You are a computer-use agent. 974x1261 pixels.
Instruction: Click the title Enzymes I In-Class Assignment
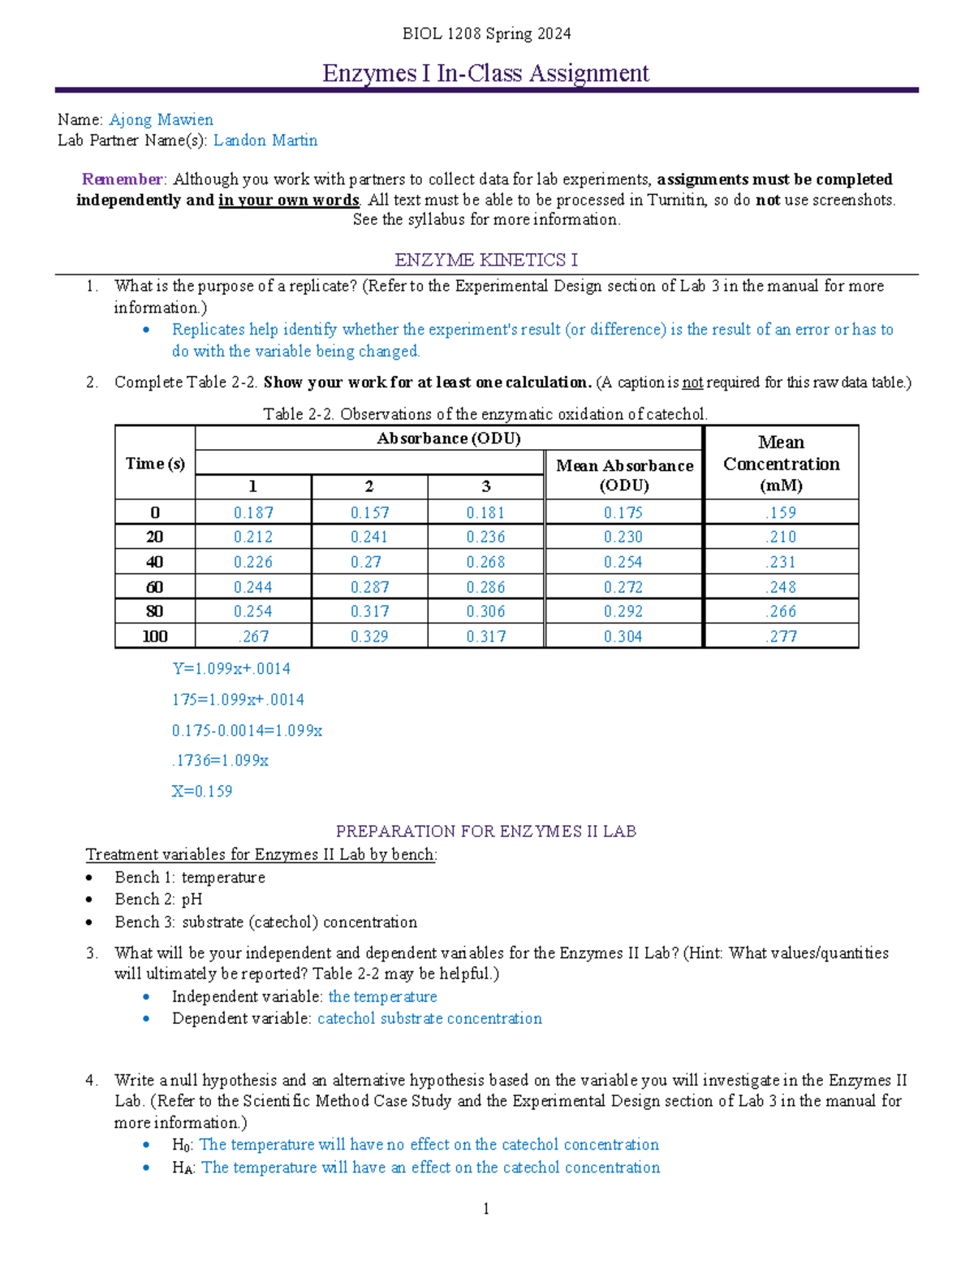(x=485, y=73)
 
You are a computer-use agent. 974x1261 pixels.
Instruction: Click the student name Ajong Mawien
(x=161, y=120)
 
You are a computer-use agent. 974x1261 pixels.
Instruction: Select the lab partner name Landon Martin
(x=265, y=140)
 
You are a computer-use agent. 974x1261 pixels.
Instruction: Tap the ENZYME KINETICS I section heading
(x=486, y=260)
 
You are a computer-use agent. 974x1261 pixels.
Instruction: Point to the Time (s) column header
(x=155, y=464)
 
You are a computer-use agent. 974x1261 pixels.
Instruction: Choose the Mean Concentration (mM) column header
(x=781, y=464)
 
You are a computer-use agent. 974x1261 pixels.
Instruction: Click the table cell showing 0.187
(x=253, y=512)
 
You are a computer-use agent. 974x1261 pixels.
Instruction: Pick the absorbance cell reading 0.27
(x=369, y=562)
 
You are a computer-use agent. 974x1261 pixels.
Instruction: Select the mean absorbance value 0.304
(x=623, y=637)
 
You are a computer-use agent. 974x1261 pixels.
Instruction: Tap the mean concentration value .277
(x=781, y=637)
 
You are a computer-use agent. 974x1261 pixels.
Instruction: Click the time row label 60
(x=155, y=587)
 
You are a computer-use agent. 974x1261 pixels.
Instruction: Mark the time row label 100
(x=155, y=637)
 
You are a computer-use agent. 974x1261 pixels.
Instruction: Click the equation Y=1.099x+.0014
(x=231, y=669)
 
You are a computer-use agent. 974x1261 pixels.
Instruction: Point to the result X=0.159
(x=202, y=791)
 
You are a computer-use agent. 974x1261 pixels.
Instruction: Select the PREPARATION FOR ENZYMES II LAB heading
(x=486, y=831)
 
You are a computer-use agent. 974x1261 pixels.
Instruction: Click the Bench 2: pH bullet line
(x=158, y=900)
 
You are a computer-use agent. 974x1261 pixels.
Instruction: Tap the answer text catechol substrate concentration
(x=429, y=1018)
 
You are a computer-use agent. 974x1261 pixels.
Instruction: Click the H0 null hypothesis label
(x=181, y=1145)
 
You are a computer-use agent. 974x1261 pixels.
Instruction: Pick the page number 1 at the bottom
(x=486, y=1209)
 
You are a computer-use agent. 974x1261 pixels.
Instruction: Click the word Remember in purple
(x=123, y=179)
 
